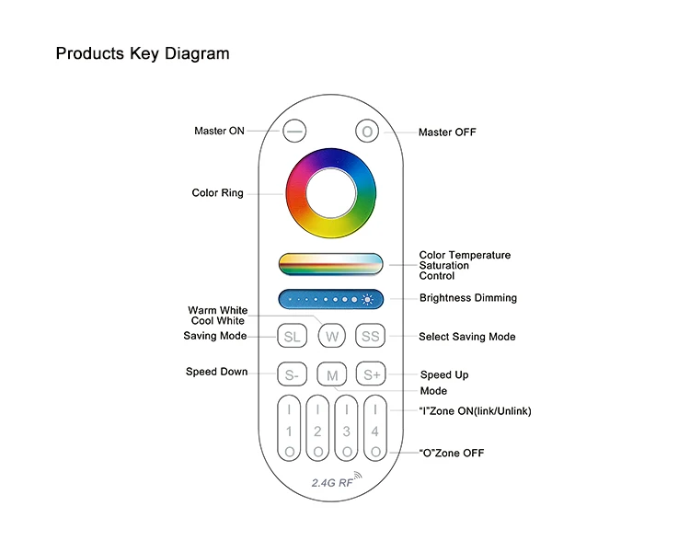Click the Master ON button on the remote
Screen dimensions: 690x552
pyautogui.click(x=293, y=132)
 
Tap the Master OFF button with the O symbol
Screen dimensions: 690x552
pyautogui.click(x=367, y=132)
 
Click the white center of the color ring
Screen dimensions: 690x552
pyautogui.click(x=331, y=192)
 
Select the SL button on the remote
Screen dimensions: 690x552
pyautogui.click(x=292, y=337)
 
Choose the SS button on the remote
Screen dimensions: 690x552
pyautogui.click(x=370, y=337)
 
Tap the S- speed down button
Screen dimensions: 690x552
pyautogui.click(x=292, y=374)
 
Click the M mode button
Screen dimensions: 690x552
pyautogui.click(x=331, y=374)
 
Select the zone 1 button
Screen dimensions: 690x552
pyautogui.click(x=289, y=429)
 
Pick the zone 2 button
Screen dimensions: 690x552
pyautogui.click(x=317, y=429)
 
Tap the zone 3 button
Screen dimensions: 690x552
pyautogui.click(x=346, y=429)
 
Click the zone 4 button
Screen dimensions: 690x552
pyautogui.click(x=375, y=429)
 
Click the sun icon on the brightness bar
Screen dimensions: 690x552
pyautogui.click(x=368, y=299)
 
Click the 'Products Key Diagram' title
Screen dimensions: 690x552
pyautogui.click(x=143, y=53)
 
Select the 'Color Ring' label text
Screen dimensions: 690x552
pyautogui.click(x=217, y=193)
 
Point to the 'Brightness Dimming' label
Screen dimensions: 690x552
pyautogui.click(x=467, y=298)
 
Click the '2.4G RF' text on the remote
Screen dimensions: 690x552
pyautogui.click(x=327, y=481)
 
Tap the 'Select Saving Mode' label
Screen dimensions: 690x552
pyautogui.click(x=466, y=337)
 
